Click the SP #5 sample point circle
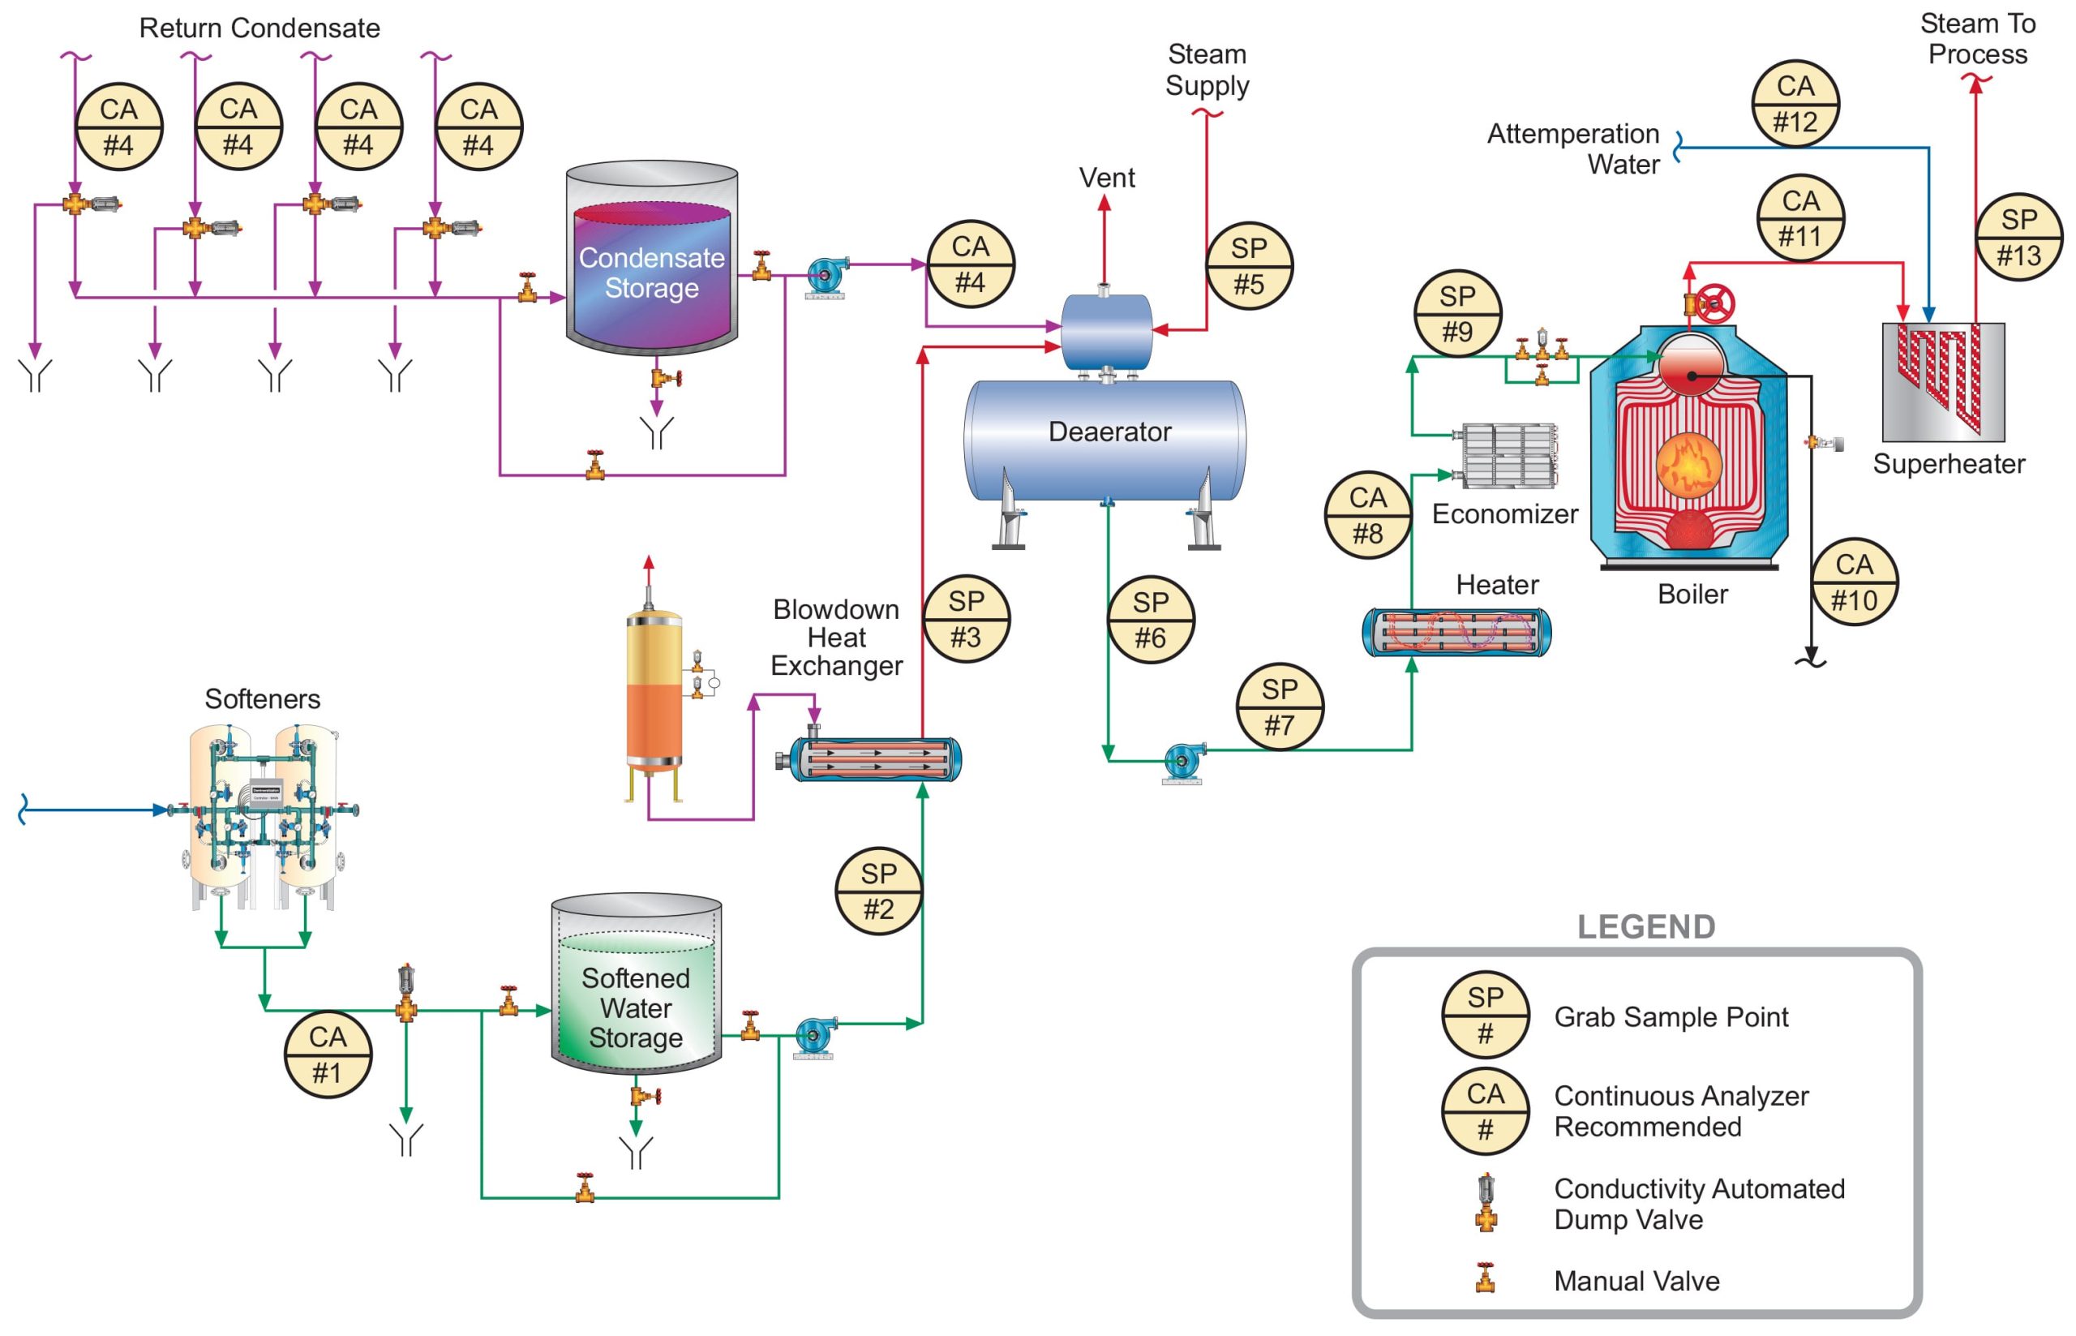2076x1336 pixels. [x=1249, y=266]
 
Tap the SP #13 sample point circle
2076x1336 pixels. [x=2018, y=237]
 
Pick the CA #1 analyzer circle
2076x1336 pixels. [x=328, y=1054]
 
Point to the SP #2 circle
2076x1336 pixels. [x=878, y=891]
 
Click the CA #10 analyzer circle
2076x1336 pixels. [x=1854, y=582]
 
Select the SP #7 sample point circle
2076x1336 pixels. [x=1279, y=707]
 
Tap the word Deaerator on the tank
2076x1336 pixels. [x=1109, y=432]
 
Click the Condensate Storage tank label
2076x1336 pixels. [x=651, y=273]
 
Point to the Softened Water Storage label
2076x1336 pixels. [x=636, y=1007]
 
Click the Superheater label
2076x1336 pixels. [x=1949, y=464]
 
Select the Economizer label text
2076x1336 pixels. [x=1504, y=513]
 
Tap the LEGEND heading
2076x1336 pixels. [x=1645, y=926]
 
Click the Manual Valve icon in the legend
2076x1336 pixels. [x=1486, y=1278]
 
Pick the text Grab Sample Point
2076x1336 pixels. [x=1671, y=1016]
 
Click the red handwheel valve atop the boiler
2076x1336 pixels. [x=1714, y=303]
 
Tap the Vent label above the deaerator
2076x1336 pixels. [x=1106, y=178]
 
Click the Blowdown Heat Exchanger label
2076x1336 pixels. [x=836, y=638]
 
